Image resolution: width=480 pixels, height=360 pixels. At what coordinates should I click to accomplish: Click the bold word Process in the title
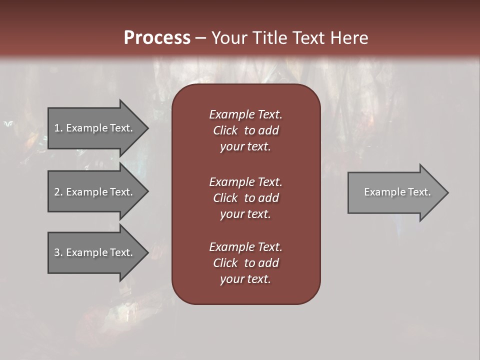pyautogui.click(x=157, y=38)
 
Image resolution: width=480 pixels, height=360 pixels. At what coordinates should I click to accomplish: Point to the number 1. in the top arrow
pyautogui.click(x=58, y=128)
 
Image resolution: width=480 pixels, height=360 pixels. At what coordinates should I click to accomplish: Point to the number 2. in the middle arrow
pyautogui.click(x=58, y=192)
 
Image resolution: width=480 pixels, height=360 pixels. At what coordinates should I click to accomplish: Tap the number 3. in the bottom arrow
pyautogui.click(x=58, y=252)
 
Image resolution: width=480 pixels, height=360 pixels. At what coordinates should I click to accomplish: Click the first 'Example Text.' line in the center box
pyautogui.click(x=245, y=114)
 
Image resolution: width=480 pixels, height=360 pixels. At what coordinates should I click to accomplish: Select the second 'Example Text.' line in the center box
pyautogui.click(x=245, y=182)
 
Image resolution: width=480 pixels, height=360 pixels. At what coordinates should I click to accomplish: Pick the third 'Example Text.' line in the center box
pyautogui.click(x=245, y=247)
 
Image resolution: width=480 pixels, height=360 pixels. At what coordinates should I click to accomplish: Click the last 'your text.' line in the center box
pyautogui.click(x=245, y=279)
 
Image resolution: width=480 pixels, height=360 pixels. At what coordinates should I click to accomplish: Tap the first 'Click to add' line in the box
pyautogui.click(x=245, y=130)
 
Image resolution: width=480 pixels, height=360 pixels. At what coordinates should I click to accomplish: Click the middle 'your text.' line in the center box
pyautogui.click(x=245, y=214)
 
